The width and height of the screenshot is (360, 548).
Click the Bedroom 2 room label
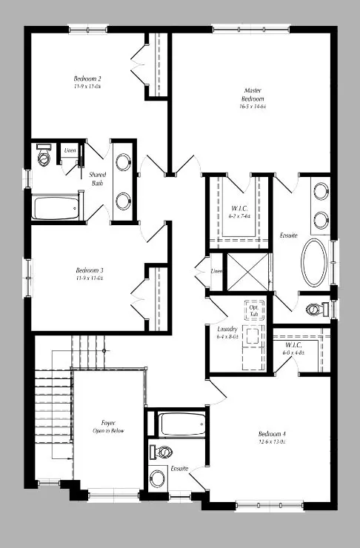(87, 78)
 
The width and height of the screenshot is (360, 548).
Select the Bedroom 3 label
(89, 270)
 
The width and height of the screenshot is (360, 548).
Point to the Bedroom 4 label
(271, 434)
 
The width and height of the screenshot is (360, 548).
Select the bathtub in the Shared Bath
(56, 207)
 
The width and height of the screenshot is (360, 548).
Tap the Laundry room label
(227, 328)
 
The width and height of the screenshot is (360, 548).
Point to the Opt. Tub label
(254, 310)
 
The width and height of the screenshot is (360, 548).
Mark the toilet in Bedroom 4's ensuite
(161, 451)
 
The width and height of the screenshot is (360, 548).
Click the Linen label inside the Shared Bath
(70, 150)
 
